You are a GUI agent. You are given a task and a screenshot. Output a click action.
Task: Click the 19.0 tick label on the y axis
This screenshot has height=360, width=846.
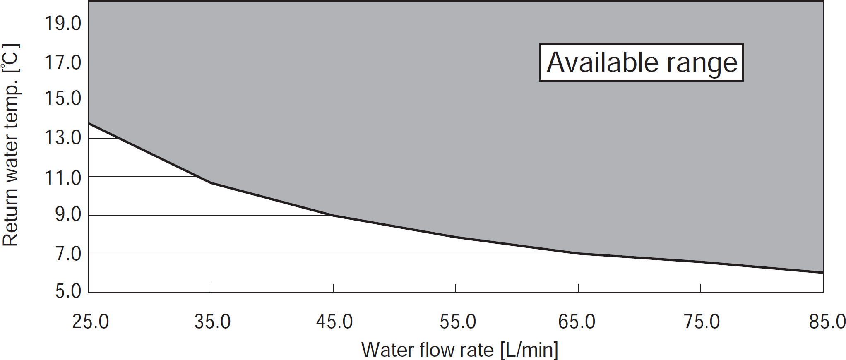tap(63, 24)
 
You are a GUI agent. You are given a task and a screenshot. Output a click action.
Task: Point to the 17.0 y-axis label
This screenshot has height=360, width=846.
tap(63, 63)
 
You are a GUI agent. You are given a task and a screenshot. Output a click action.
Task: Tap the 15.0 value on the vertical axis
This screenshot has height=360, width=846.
tap(63, 98)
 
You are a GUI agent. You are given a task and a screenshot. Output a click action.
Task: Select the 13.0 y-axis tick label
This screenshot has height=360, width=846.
tap(63, 137)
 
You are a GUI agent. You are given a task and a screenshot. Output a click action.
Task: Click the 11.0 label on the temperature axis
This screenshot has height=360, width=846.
tap(63, 178)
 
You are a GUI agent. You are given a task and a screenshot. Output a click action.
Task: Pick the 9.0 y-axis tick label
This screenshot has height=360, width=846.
tap(68, 215)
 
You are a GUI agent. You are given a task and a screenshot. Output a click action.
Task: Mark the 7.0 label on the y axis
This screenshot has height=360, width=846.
tap(68, 254)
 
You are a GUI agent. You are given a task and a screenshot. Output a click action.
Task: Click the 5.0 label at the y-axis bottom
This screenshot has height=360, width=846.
tap(68, 291)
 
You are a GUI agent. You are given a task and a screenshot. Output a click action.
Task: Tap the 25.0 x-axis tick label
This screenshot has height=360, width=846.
tap(90, 322)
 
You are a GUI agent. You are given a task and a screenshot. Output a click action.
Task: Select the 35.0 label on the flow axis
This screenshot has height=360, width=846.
tap(212, 322)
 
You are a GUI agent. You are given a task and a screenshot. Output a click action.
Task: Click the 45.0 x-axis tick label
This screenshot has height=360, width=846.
tap(334, 322)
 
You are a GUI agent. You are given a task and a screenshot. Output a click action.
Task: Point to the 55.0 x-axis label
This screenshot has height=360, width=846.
tap(457, 322)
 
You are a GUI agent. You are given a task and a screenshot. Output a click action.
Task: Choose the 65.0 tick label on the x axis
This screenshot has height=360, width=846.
tap(577, 322)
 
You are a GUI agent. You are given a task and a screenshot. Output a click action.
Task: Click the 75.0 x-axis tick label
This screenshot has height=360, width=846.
tap(702, 322)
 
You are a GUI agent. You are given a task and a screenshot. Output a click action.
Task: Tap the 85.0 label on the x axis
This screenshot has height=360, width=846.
tap(827, 322)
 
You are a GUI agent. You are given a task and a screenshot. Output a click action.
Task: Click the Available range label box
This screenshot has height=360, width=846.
tap(641, 62)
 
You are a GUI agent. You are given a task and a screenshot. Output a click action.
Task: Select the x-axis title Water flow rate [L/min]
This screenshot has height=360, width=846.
tap(459, 350)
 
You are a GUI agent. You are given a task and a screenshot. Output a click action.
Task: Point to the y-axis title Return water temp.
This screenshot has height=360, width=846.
tap(10, 145)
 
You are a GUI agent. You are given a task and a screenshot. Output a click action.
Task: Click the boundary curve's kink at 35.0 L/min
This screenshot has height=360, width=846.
tap(211, 182)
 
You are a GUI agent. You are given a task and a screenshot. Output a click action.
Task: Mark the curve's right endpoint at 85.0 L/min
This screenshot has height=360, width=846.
tap(823, 272)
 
